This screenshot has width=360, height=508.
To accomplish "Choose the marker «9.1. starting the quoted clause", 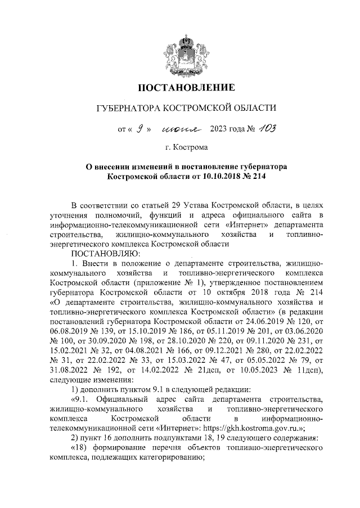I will coord(82,399).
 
